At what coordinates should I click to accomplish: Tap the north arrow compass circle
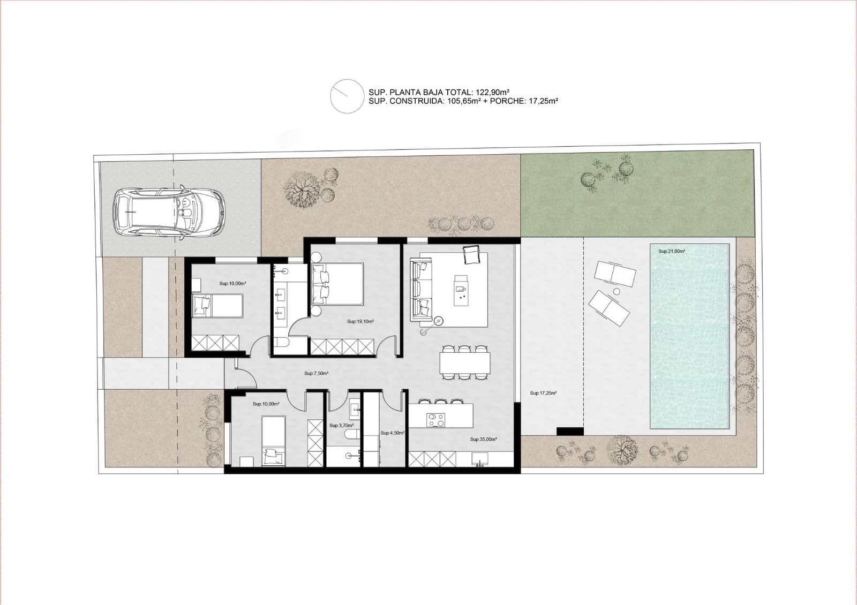point(347,96)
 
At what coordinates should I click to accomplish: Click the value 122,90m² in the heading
point(492,92)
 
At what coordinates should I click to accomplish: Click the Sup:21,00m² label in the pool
point(672,251)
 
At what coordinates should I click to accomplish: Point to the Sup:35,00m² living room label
point(483,439)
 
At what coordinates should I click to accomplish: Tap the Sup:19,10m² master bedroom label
point(360,322)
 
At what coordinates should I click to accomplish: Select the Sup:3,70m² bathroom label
point(341,426)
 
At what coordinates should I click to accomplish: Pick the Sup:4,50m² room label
point(392,433)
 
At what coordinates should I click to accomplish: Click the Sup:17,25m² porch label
point(543,393)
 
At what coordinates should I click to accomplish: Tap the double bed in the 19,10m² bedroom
point(337,284)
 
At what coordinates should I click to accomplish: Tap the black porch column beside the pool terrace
point(570,431)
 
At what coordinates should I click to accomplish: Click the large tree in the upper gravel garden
point(302,191)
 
